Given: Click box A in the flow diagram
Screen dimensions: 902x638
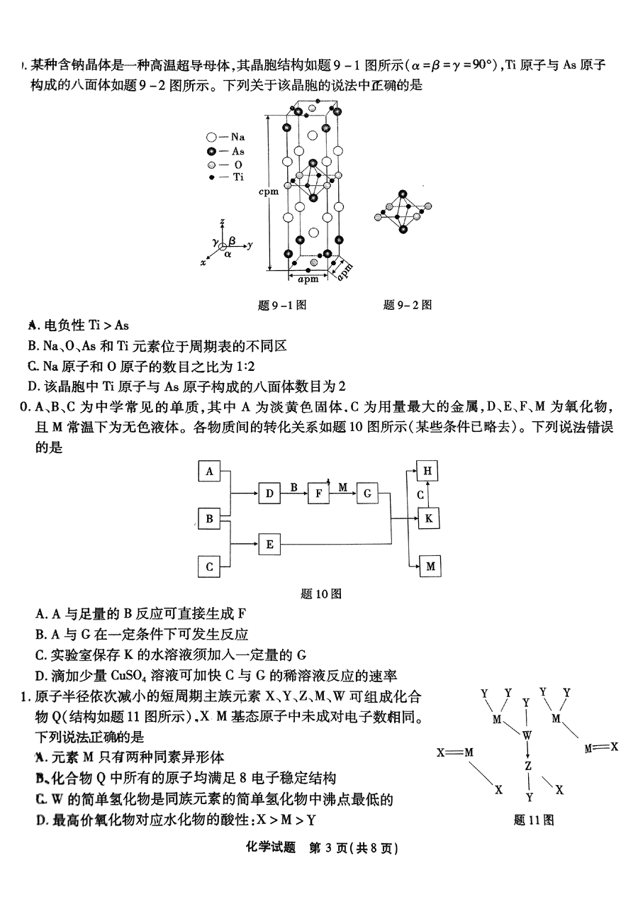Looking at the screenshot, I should (x=209, y=471).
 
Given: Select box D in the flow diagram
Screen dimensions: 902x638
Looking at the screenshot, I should (x=269, y=494).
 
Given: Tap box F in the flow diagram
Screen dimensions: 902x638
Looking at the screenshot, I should (x=318, y=494).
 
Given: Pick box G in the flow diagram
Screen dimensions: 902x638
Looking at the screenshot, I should (x=367, y=494).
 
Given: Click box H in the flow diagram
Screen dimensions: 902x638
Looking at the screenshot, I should (x=427, y=471).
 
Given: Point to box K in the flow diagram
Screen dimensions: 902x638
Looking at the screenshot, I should (x=427, y=518).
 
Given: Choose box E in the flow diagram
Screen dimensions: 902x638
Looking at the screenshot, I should (x=269, y=545).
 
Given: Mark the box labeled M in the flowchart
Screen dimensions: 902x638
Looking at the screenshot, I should (x=430, y=566).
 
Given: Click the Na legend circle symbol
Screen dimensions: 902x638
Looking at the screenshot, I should (x=211, y=138).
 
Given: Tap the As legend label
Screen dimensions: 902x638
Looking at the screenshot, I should (x=237, y=151).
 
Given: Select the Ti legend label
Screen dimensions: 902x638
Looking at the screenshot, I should (x=237, y=177).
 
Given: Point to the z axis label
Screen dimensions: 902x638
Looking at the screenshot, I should (x=223, y=222).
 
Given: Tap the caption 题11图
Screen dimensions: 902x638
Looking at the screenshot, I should (x=532, y=820).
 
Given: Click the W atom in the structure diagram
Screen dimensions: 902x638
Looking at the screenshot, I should (x=527, y=735).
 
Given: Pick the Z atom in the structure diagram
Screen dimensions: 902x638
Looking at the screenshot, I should (x=527, y=767).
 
